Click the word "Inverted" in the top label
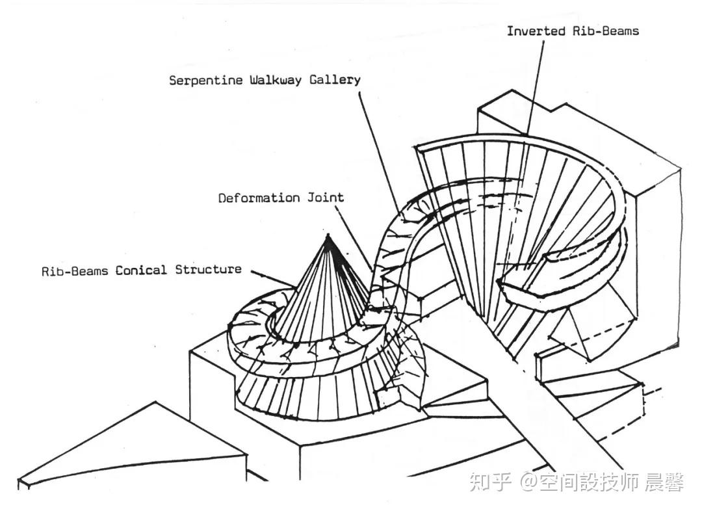[536, 31]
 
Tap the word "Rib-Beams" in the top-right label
[606, 31]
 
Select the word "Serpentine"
[205, 81]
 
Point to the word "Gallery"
[335, 80]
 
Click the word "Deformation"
[259, 198]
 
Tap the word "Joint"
[326, 197]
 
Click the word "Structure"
[208, 270]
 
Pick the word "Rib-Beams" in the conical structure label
[75, 271]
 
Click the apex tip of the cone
[328, 234]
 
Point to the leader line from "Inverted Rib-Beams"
[536, 87]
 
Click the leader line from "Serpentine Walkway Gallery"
[379, 151]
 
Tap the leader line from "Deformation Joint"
[354, 237]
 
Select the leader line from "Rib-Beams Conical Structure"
[273, 278]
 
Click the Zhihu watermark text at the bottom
[577, 483]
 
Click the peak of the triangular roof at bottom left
[155, 402]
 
